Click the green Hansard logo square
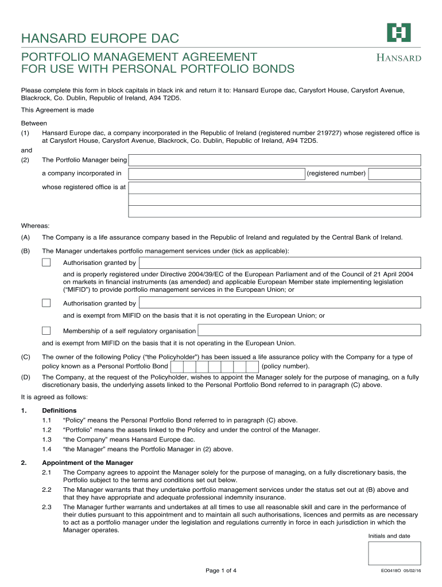pos(398,33)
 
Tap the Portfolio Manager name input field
pos(274,160)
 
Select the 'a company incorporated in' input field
pos(216,173)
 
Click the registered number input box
pos(394,173)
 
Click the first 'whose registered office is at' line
pos(274,187)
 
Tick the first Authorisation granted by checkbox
pos(46,263)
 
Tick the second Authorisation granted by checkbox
pos(46,303)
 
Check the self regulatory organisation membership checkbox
pos(46,330)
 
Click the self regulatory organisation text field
pos(309,330)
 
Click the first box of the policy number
pos(177,366)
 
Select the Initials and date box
pos(394,553)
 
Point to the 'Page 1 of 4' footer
pos(221,570)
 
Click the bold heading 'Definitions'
pos(59,410)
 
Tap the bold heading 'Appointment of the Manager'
pos(87,463)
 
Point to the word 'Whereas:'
pos(35,225)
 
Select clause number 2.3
pos(47,507)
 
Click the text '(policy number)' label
pos(285,366)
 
